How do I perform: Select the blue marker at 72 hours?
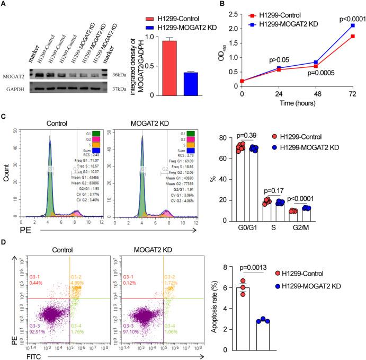pos(353,25)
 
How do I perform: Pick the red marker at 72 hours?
pos(353,36)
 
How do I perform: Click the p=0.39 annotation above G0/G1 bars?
pos(271,136)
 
